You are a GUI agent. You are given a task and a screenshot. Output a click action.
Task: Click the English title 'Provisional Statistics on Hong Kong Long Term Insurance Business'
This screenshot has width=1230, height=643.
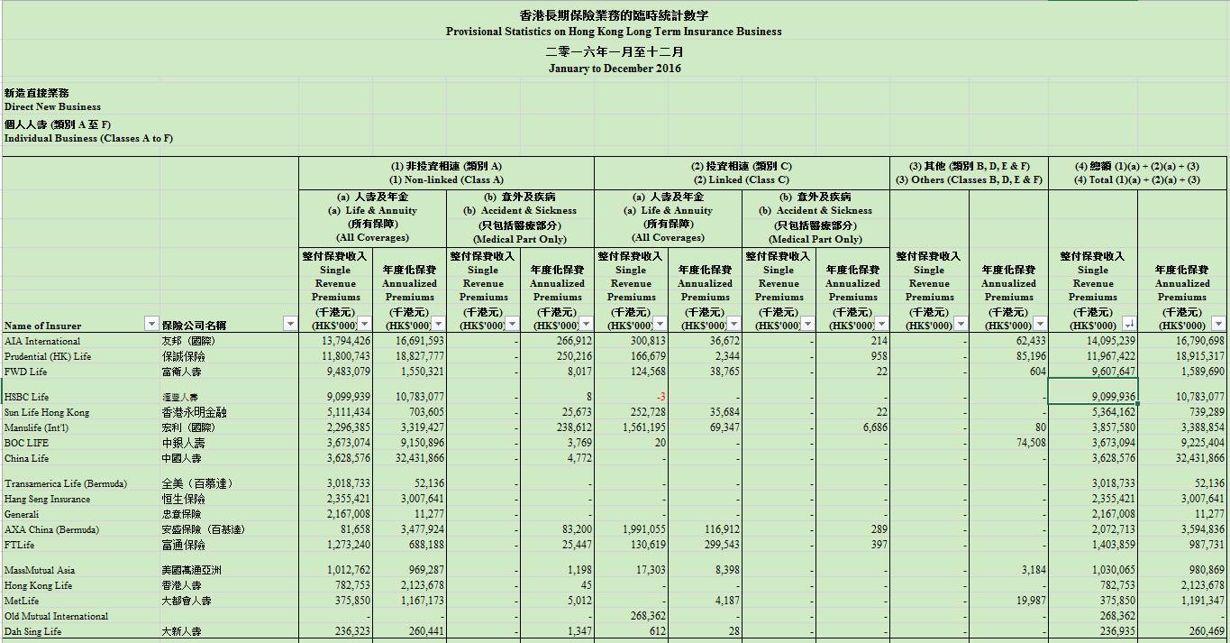pos(614,32)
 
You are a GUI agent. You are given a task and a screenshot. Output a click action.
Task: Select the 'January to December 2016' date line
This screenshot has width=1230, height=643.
pos(615,69)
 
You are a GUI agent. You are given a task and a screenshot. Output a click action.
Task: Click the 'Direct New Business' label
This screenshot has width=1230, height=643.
pos(52,106)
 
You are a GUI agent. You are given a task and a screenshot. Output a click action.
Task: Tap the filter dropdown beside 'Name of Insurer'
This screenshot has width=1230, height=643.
pos(151,324)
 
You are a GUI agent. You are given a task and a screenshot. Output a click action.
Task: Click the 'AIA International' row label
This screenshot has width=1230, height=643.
pos(42,341)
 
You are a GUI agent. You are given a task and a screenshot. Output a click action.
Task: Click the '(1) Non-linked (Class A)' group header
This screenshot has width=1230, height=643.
pos(446,179)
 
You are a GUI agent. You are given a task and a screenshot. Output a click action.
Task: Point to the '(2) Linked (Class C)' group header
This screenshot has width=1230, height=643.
pos(741,179)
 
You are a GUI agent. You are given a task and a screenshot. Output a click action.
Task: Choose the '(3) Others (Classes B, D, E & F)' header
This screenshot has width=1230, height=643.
pos(969,179)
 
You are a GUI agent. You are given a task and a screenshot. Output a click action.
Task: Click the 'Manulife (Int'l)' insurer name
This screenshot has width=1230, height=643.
pos(36,427)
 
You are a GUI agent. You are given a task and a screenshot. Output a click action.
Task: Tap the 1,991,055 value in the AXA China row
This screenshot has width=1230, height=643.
pos(643,529)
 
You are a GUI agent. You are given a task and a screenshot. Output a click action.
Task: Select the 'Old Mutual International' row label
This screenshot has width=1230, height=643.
pos(56,616)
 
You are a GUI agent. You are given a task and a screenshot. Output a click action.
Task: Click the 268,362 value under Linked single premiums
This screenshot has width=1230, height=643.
pos(643,616)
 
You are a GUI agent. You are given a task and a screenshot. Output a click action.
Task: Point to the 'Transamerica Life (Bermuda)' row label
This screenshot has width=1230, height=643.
pos(66,483)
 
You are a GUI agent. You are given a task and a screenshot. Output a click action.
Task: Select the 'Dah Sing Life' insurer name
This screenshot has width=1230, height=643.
pos(32,631)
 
